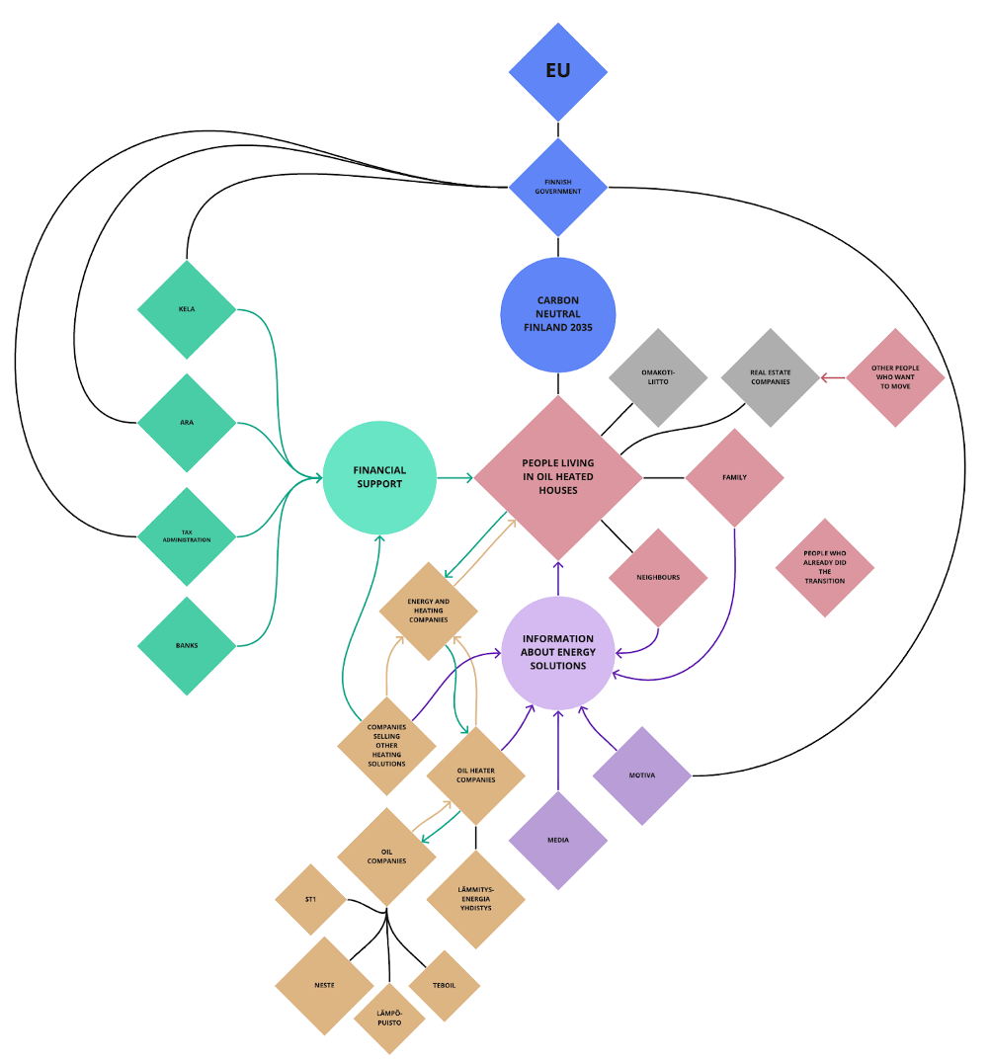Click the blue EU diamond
pos(558,70)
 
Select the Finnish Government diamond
pos(558,187)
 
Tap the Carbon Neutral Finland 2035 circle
pos(558,314)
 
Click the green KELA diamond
pos(187,309)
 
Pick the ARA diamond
pos(187,423)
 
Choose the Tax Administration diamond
pos(187,536)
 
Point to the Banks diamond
pos(187,646)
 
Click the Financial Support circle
pos(379,478)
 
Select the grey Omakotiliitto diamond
pos(658,376)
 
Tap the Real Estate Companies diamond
pos(771,376)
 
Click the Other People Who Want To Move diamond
pos(895,376)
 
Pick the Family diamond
pos(734,478)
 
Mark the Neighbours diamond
pos(658,578)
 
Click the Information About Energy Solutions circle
pos(558,653)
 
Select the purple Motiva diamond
pos(642,776)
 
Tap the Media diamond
pos(558,841)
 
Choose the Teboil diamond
pos(444,986)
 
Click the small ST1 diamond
pos(310,900)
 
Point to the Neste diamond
pos(324,986)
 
